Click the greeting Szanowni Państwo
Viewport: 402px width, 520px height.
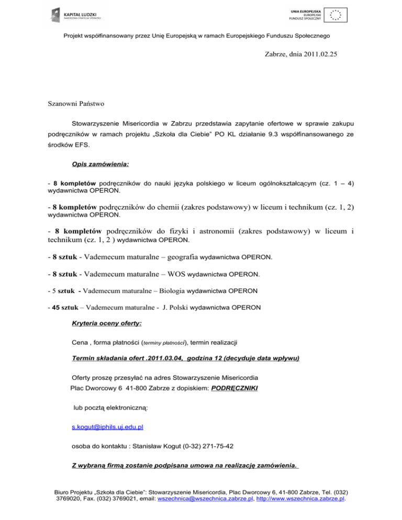(73, 104)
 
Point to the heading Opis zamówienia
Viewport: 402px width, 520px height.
(100, 164)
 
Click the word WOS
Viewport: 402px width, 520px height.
(172, 273)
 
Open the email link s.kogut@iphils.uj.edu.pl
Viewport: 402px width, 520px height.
(107, 427)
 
